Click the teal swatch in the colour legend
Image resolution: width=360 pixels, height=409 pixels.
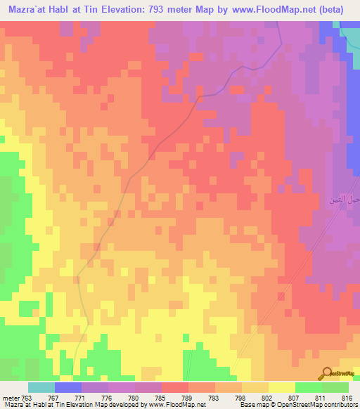(x=41, y=387)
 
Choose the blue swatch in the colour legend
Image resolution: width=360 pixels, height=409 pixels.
(x=67, y=387)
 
